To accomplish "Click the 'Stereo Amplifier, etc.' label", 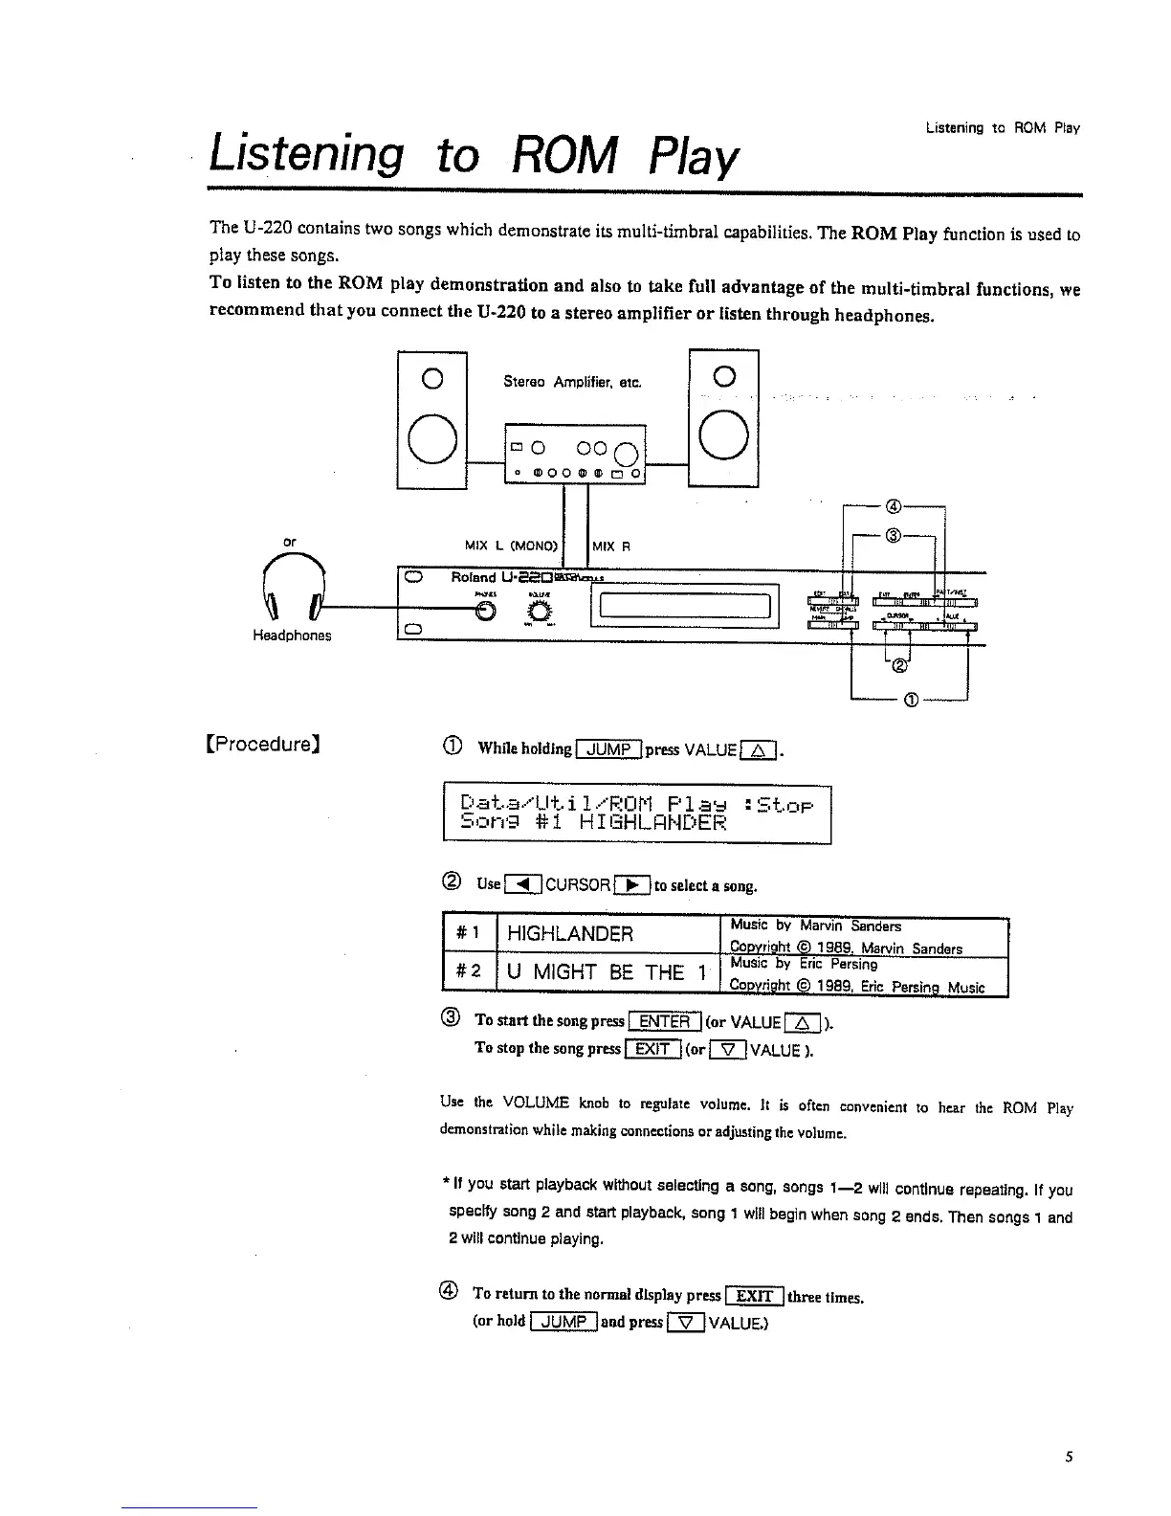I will pyautogui.click(x=572, y=383).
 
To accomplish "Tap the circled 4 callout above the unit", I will pyautogui.click(x=894, y=507).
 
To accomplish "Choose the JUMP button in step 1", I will pyautogui.click(x=608, y=749).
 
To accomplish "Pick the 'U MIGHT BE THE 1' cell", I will pyautogui.click(x=606, y=973).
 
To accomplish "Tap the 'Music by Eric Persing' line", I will pyautogui.click(x=803, y=965).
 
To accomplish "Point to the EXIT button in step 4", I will pyautogui.click(x=754, y=1297).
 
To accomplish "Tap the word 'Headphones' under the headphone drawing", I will pyautogui.click(x=292, y=636).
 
